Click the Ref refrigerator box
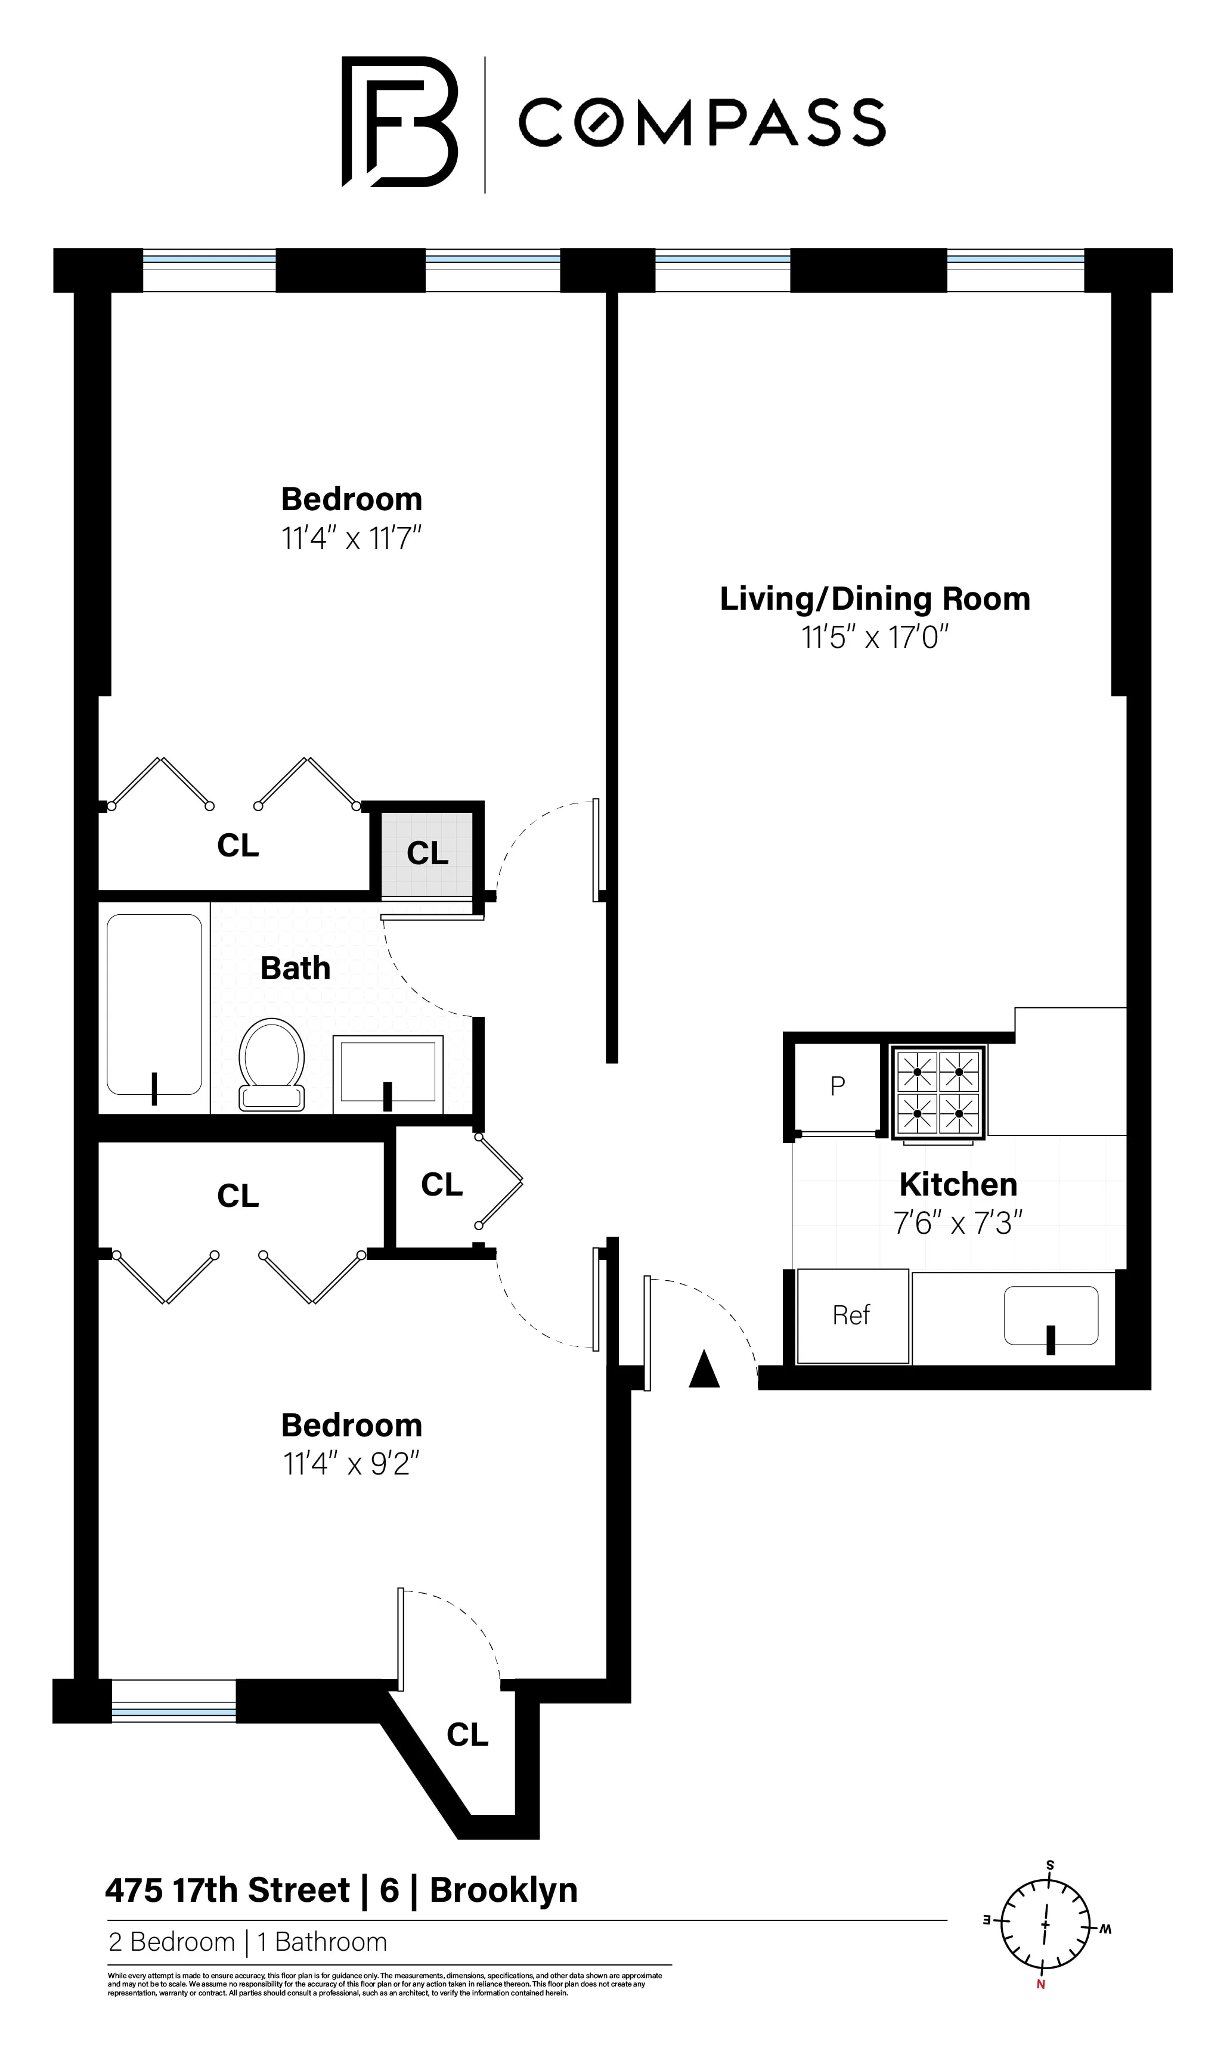(x=852, y=1315)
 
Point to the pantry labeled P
(x=837, y=1086)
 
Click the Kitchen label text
(x=958, y=1185)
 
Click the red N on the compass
(x=1040, y=1984)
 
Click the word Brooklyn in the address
(x=503, y=1890)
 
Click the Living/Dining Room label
(x=875, y=598)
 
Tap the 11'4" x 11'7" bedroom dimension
(x=351, y=539)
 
